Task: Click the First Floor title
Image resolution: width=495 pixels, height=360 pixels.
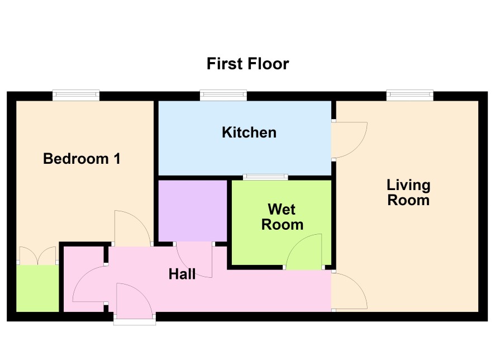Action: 248,64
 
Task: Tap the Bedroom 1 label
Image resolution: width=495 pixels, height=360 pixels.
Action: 82,159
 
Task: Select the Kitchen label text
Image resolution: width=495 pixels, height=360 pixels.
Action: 249,132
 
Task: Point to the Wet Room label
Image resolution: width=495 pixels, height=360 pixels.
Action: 282,217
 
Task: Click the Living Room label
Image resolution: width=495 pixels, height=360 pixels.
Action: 408,192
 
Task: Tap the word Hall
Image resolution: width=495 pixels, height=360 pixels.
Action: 182,274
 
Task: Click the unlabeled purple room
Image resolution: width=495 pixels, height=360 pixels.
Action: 192,211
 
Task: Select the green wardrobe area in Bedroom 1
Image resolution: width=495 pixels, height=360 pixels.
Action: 37,288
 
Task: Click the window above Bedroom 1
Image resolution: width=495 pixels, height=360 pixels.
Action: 76,95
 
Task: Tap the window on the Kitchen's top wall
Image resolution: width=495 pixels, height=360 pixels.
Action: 223,95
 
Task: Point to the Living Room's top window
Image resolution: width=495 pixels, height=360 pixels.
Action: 410,95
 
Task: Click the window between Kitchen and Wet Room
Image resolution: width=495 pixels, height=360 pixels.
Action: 265,177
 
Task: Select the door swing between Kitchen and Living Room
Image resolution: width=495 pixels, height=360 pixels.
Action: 349,140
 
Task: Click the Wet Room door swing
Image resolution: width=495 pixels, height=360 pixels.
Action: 304,252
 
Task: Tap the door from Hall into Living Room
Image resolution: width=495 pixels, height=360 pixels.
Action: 349,291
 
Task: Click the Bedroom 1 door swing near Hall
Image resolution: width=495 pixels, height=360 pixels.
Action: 132,228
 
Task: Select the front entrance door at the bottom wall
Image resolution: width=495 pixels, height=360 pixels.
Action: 135,301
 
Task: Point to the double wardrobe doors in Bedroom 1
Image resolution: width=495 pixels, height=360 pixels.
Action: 37,255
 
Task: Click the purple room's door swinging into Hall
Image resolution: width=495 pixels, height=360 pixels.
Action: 194,260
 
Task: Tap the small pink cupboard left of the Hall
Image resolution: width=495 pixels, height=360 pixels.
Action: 84,279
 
